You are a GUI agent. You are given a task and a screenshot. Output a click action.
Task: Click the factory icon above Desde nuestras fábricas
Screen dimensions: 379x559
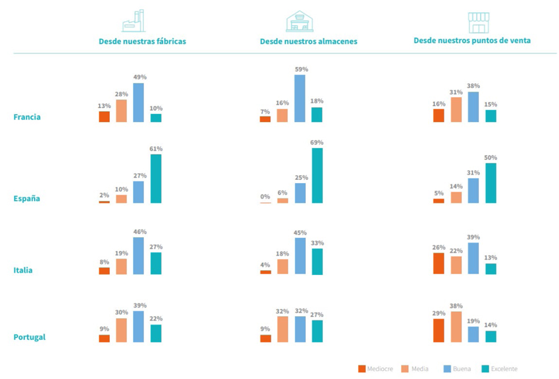[134, 21]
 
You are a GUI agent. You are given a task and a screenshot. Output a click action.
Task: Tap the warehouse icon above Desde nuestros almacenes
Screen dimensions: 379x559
[300, 21]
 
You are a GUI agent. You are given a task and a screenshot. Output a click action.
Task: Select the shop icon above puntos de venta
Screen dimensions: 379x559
[478, 23]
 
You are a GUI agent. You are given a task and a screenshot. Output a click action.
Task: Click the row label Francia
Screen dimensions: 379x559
[27, 117]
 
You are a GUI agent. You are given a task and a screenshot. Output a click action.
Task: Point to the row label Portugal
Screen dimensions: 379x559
[30, 337]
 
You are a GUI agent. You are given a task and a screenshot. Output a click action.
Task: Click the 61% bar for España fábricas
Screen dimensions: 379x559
[156, 178]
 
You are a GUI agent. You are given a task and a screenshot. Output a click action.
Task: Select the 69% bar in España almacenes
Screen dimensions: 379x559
[317, 175]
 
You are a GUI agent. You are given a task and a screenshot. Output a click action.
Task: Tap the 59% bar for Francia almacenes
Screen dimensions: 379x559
[300, 98]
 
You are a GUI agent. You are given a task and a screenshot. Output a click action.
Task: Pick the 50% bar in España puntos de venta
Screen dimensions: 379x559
[491, 183]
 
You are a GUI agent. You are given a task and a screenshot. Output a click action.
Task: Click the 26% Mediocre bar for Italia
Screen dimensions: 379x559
[438, 263]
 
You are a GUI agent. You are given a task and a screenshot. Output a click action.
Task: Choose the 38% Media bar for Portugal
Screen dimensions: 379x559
[456, 327]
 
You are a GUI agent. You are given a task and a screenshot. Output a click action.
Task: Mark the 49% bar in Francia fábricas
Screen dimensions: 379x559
[138, 102]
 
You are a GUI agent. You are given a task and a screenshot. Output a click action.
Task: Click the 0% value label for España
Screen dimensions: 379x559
[265, 197]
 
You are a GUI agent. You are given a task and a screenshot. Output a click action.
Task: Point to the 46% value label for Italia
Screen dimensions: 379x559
[139, 232]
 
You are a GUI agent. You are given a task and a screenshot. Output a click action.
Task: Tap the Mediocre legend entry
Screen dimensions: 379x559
[376, 369]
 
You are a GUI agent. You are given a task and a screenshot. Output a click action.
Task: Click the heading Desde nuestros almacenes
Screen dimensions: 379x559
[308, 42]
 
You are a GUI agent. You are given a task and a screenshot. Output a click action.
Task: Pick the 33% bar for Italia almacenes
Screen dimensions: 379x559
[317, 261]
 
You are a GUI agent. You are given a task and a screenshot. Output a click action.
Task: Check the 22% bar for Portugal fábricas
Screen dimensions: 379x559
[156, 333]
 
